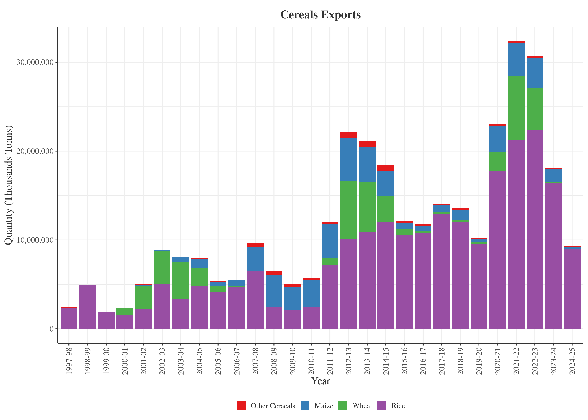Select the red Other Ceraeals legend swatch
click(241, 406)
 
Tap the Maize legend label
click(324, 406)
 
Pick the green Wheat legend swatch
click(343, 406)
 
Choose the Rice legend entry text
click(398, 406)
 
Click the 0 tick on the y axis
click(51, 329)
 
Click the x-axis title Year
click(321, 381)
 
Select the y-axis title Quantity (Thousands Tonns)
click(9, 185)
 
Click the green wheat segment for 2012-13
click(348, 210)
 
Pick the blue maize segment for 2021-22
click(516, 59)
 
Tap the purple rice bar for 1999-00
click(106, 320)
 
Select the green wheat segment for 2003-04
click(181, 280)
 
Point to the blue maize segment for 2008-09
click(274, 291)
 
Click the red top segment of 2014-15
click(385, 168)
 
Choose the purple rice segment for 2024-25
click(572, 288)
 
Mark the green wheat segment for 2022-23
click(535, 109)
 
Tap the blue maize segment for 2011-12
click(330, 241)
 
